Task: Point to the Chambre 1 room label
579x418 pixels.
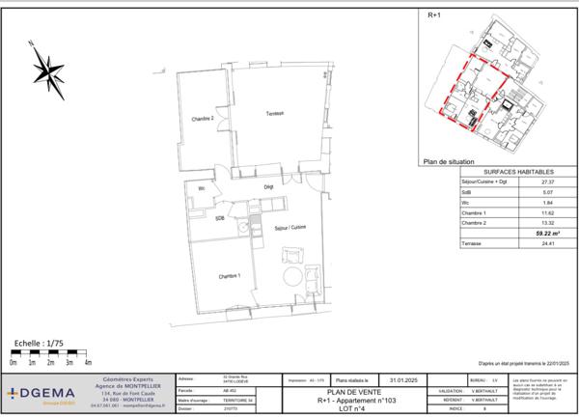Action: [229, 276]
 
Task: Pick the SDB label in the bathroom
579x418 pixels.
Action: [220, 218]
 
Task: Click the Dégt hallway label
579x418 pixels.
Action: [269, 187]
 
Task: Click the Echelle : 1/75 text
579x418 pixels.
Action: [40, 342]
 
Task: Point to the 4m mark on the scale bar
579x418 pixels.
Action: [88, 363]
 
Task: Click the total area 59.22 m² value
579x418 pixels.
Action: [549, 233]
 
